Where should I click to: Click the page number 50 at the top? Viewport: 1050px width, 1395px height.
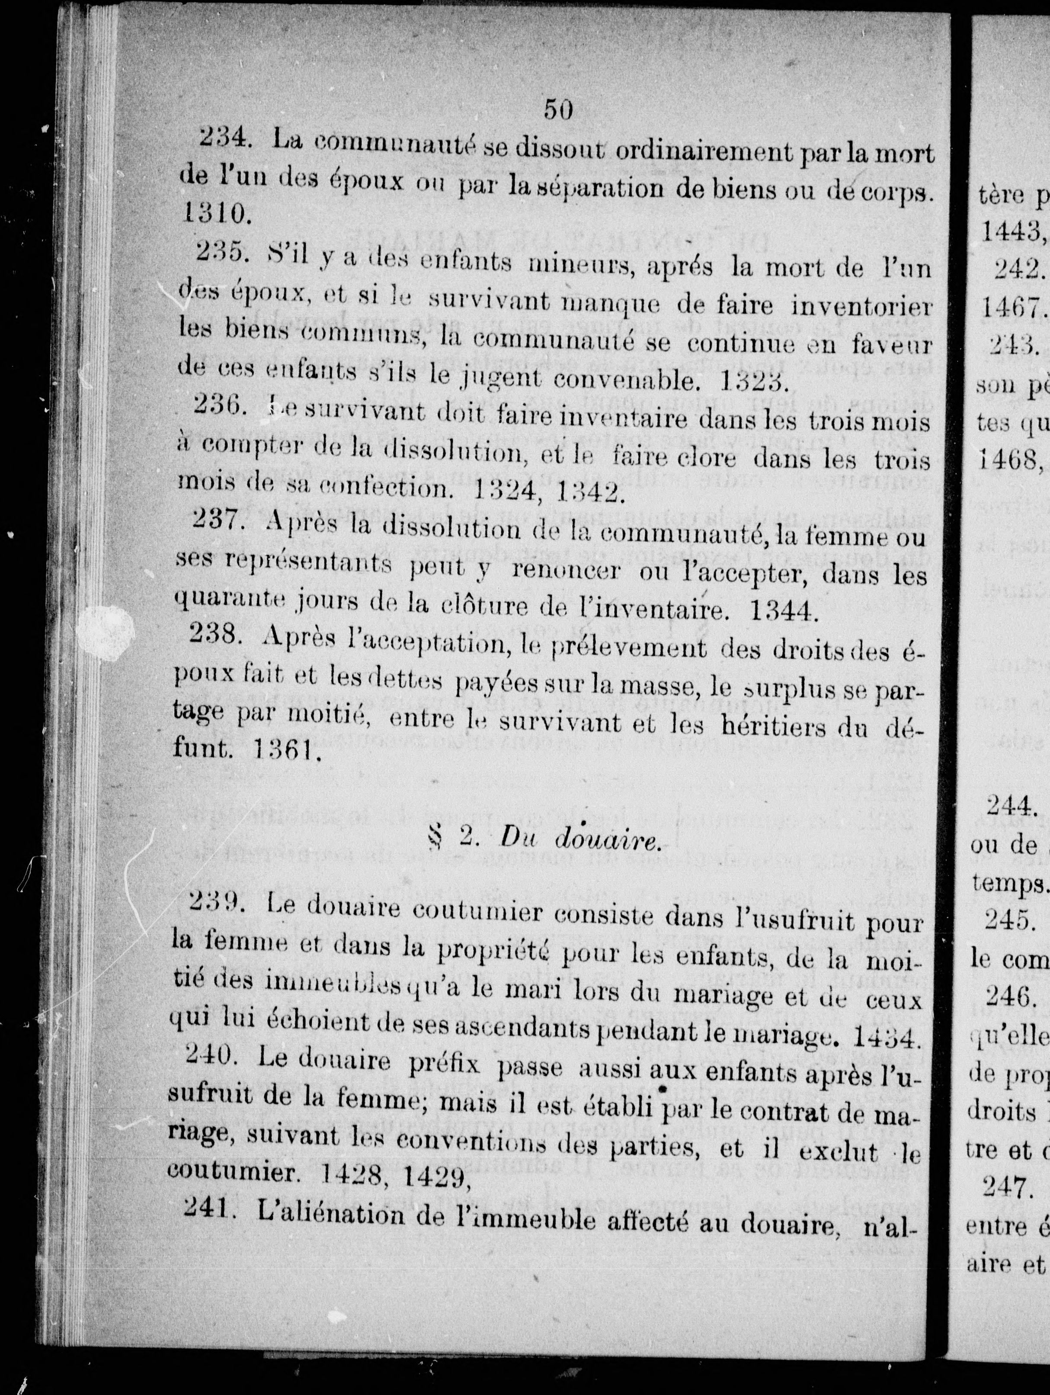pyautogui.click(x=558, y=110)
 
